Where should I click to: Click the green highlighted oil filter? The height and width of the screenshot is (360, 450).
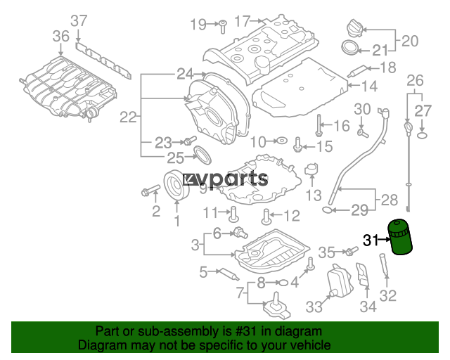[x=400, y=237]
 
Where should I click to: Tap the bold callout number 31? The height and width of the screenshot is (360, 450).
[x=371, y=240]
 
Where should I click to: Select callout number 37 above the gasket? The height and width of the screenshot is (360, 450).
[x=79, y=21]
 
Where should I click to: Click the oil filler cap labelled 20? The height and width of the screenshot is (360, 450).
[x=354, y=28]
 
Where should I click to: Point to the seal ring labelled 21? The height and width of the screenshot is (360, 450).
[x=350, y=47]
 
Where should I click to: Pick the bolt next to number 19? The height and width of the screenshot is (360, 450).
[x=222, y=27]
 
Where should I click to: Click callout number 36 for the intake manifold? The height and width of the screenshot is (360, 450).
[x=61, y=36]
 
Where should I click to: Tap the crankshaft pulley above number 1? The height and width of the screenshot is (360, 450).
[x=176, y=185]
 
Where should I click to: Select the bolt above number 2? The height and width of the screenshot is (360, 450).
[x=150, y=190]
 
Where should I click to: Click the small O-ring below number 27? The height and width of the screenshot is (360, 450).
[x=422, y=134]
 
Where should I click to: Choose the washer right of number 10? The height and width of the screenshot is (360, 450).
[x=281, y=141]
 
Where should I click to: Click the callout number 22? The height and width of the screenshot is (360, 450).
[x=128, y=117]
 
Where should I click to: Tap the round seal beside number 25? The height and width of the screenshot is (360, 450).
[x=202, y=155]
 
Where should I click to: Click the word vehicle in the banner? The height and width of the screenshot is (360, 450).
[x=311, y=345]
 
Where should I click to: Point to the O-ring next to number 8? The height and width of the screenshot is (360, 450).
[x=283, y=283]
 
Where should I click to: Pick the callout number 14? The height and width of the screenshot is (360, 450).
[x=369, y=86]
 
